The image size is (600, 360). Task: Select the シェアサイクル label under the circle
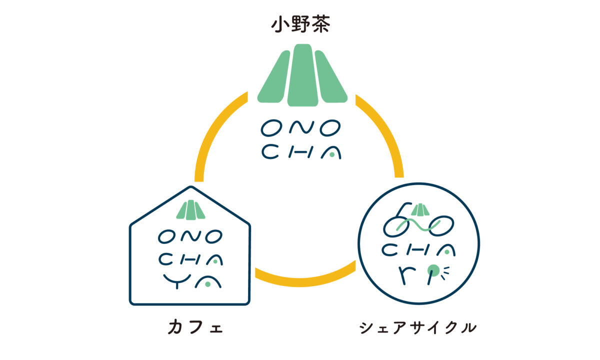(417, 328)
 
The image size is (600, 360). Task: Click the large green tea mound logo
(302, 75)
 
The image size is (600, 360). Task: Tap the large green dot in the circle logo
(433, 270)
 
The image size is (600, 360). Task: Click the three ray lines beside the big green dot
(446, 271)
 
